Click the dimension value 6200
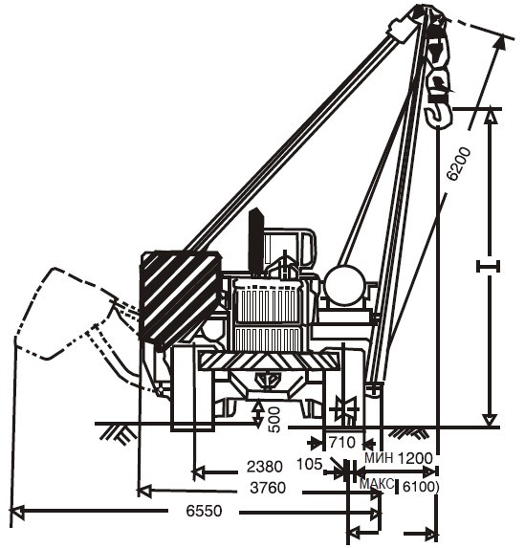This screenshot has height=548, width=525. [459, 164]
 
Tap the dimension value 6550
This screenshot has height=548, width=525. [204, 511]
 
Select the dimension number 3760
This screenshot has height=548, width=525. [268, 488]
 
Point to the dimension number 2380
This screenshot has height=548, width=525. [265, 467]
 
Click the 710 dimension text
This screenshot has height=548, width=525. [342, 443]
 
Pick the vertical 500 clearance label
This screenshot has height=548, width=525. [274, 420]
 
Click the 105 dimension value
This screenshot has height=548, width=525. [309, 465]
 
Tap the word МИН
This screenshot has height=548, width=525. [379, 457]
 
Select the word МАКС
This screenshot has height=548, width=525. [377, 484]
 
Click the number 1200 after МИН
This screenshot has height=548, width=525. [415, 458]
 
